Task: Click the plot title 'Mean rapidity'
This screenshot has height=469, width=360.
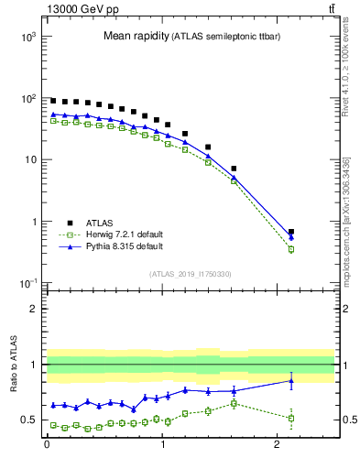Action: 135,37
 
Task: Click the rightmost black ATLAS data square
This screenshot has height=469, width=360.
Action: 291,232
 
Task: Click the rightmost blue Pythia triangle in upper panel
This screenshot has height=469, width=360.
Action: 291,237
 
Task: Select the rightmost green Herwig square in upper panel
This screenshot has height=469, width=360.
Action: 291,249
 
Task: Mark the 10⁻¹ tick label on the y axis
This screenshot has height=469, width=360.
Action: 27,283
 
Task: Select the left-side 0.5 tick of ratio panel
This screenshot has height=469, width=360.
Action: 32,420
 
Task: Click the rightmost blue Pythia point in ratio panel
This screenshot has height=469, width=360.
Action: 291,380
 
